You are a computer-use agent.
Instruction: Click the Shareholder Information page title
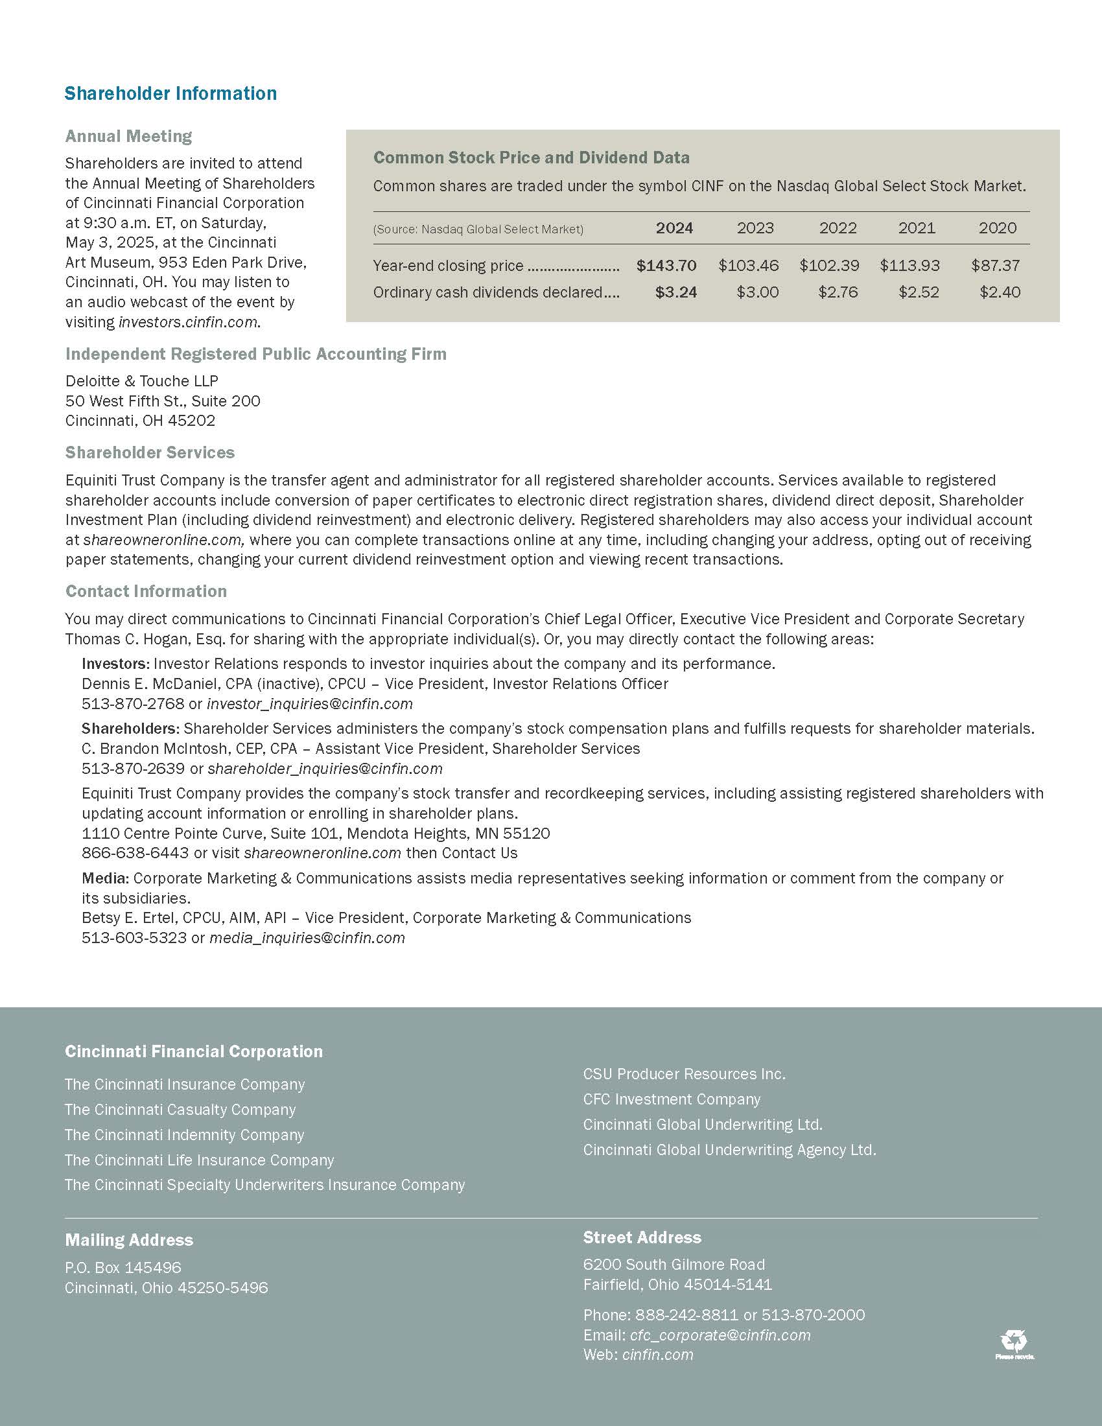pos(170,93)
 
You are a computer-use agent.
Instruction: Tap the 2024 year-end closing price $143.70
pos(666,266)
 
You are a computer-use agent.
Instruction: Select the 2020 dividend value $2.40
pos(1000,292)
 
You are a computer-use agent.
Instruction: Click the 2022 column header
pos(838,228)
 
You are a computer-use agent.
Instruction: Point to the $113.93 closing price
pos(909,266)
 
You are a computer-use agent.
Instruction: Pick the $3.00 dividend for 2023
pos(757,292)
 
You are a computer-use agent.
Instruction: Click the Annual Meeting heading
pos(128,137)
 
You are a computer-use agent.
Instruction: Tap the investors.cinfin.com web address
pos(188,323)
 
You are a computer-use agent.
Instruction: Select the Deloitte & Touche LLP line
pos(142,380)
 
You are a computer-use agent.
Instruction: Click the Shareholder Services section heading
pos(150,452)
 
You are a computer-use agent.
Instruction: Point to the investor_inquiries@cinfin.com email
pos(309,704)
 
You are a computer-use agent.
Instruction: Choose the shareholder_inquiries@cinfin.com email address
pos(325,769)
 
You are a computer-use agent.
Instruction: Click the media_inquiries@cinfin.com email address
pos(307,939)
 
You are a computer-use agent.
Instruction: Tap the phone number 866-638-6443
pos(135,854)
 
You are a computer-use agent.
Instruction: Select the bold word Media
pos(104,878)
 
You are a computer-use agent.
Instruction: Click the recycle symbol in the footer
pos(1014,1342)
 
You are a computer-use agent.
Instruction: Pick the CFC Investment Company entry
pos(672,1099)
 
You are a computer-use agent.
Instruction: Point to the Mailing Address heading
pos(128,1240)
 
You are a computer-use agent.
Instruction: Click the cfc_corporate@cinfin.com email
pos(720,1335)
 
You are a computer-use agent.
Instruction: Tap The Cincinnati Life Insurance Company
pos(199,1160)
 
